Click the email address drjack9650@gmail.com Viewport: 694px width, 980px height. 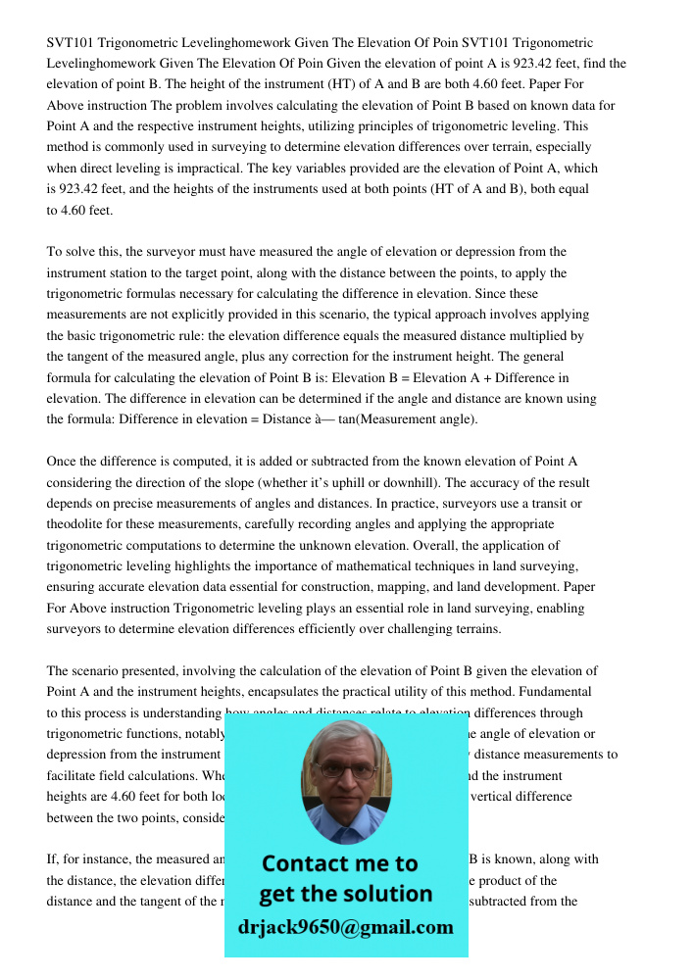click(346, 927)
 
